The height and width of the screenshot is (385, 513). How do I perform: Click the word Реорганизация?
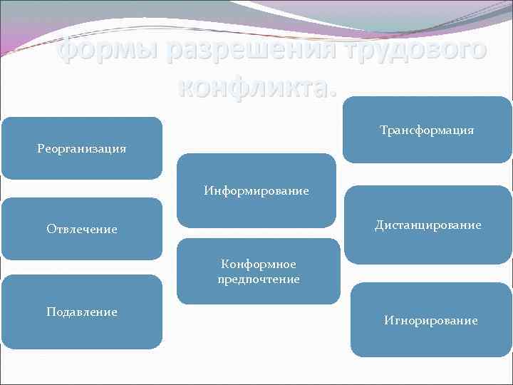81,148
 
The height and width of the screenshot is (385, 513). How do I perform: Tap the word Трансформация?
427,130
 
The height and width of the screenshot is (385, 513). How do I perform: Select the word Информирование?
256,190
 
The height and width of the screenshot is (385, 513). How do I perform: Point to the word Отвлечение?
81,229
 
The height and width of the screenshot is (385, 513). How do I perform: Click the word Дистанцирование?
428,225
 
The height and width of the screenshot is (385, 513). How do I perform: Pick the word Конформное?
259,264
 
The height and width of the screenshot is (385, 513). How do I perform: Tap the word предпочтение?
259,279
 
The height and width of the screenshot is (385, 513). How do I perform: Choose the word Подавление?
81,312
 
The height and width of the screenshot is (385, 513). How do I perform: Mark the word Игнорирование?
430,320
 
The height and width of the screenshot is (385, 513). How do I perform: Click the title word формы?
105,51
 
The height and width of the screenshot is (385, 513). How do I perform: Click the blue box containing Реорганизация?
81,164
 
